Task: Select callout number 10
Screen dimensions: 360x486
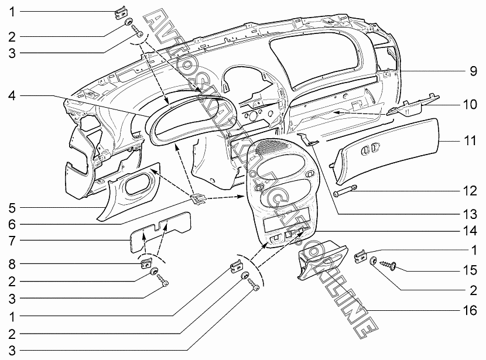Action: (x=471, y=105)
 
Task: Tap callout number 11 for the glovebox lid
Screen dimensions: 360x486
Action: (x=471, y=141)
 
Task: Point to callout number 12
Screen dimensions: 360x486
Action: (x=471, y=191)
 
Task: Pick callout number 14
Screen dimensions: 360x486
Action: (x=471, y=231)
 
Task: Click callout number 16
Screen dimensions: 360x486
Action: (x=471, y=310)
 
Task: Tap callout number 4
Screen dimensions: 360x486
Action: (x=12, y=95)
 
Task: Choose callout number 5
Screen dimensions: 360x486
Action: (x=12, y=207)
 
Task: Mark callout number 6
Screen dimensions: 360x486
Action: (x=12, y=224)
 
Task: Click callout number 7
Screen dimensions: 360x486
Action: (x=12, y=241)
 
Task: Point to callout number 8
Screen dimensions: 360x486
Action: (x=12, y=263)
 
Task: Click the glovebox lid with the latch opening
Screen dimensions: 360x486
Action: (x=389, y=149)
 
